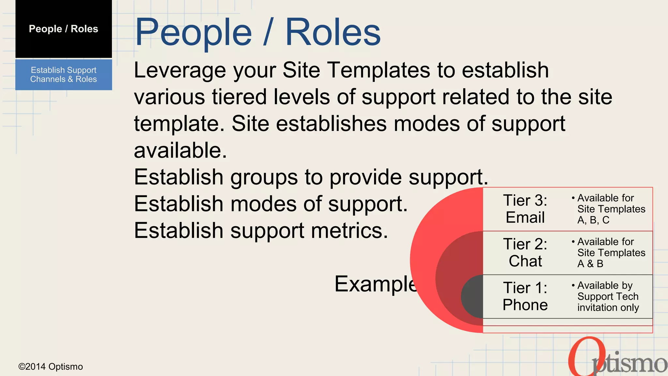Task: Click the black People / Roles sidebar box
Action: click(x=64, y=29)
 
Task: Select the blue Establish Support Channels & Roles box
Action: click(x=64, y=75)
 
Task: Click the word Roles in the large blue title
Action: click(x=333, y=32)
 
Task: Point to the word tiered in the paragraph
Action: click(x=239, y=97)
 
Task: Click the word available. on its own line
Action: click(x=180, y=150)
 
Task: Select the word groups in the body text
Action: click(x=264, y=177)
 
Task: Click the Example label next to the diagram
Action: click(x=375, y=284)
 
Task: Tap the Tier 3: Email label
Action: click(x=525, y=209)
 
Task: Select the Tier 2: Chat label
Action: click(x=525, y=253)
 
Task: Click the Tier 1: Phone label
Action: click(x=525, y=296)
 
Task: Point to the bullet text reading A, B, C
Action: click(x=593, y=220)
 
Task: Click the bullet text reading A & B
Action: click(x=590, y=264)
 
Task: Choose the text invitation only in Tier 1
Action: click(x=608, y=307)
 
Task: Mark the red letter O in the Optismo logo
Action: click(x=584, y=357)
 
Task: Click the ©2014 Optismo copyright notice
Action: click(x=51, y=367)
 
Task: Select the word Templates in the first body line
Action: click(x=379, y=70)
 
